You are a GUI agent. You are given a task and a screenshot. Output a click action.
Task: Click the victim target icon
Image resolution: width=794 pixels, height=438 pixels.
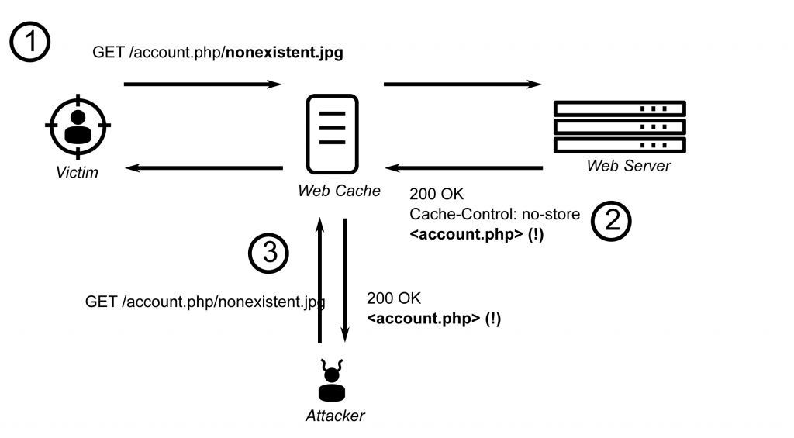[78, 126]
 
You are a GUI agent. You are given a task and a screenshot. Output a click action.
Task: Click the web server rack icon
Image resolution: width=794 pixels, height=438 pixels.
[620, 126]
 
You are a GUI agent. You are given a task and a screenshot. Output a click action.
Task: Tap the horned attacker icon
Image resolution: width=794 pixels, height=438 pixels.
[332, 381]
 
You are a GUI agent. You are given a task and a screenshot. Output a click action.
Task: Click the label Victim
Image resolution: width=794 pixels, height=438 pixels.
[77, 173]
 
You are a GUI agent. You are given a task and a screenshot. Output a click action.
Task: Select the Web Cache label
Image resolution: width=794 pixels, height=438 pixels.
[339, 191]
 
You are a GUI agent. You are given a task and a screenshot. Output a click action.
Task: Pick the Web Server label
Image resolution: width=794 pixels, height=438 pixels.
[628, 166]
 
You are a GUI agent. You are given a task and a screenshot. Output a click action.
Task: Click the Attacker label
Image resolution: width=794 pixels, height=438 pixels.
[335, 416]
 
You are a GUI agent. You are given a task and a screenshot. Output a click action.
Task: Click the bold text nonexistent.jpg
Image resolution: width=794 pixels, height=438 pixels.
[285, 53]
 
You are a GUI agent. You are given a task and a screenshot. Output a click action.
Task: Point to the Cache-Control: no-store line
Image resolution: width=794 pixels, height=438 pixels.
[495, 214]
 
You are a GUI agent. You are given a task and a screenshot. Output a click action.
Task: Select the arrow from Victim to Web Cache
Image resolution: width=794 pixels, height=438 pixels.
[203, 84]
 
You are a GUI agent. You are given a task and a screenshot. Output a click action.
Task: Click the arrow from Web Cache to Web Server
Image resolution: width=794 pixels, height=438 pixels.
[463, 84]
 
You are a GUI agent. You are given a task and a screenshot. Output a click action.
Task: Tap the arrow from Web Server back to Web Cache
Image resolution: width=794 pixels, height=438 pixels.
[464, 167]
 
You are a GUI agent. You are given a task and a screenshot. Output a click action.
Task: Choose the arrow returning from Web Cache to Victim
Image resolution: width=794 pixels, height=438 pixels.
[204, 167]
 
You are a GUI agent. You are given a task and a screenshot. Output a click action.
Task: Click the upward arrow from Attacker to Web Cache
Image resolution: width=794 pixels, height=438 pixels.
[319, 280]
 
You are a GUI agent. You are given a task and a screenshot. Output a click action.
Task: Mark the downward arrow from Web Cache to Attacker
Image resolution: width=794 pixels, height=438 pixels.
[345, 280]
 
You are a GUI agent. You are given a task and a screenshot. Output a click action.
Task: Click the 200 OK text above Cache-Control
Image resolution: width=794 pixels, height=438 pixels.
[437, 194]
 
